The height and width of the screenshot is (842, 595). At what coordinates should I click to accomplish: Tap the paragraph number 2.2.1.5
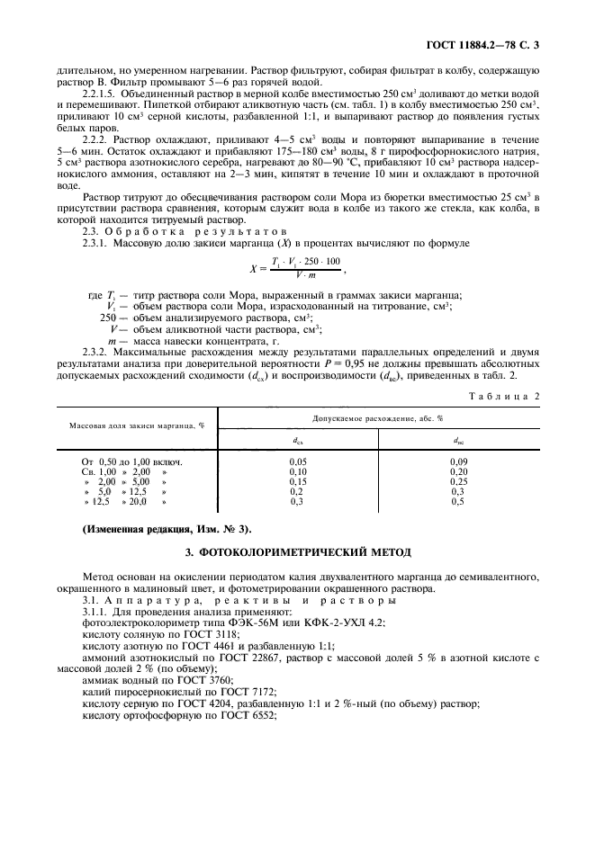point(101,92)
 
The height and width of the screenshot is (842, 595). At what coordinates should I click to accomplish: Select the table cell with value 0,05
point(297,460)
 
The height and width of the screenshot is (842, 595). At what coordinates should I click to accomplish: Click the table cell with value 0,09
point(458,460)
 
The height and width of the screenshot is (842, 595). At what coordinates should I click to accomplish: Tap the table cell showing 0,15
point(297,481)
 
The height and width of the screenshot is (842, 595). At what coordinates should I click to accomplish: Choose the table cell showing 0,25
point(458,481)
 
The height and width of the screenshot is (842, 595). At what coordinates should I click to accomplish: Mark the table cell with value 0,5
point(458,503)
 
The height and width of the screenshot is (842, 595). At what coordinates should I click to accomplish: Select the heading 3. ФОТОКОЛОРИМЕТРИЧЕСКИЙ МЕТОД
point(297,551)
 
